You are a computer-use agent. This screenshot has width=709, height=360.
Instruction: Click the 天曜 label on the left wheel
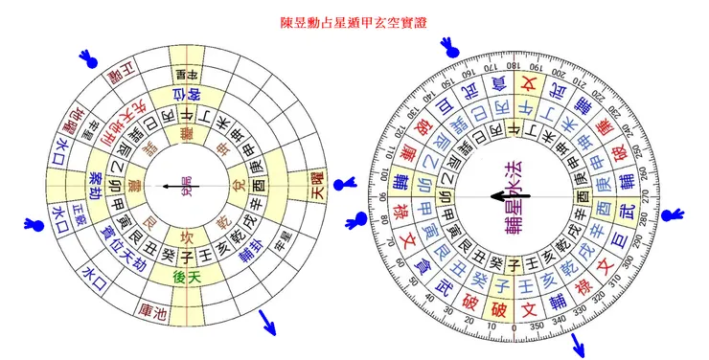point(313,186)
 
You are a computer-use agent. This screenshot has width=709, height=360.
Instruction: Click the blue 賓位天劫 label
point(122,246)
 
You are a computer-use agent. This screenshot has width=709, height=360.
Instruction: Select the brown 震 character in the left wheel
point(134,184)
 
